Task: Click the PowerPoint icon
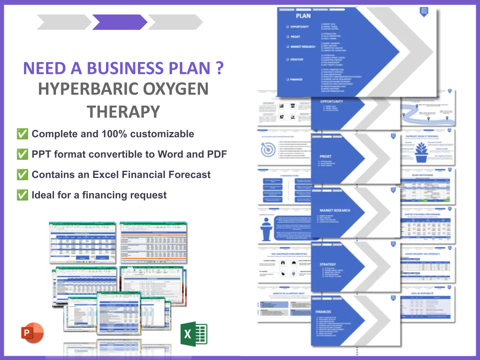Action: tap(32, 333)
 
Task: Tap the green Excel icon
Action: tap(194, 334)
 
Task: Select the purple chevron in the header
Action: tap(120, 22)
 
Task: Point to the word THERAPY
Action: tap(123, 112)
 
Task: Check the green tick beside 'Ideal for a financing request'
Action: tap(22, 195)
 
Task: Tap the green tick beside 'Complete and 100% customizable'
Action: tap(22, 134)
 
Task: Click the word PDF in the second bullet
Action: tap(218, 154)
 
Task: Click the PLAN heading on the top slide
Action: tap(303, 16)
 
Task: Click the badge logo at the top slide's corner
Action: tap(424, 11)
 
